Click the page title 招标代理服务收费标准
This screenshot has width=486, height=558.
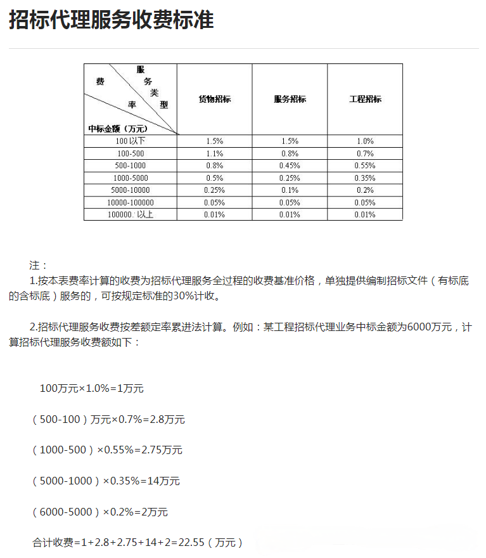point(112,20)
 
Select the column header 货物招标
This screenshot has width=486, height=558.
point(214,99)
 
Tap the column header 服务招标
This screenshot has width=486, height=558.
point(290,99)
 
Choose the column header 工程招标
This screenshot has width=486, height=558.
point(365,99)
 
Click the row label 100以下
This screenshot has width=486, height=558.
point(131,141)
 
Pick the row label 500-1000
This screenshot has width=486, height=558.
point(131,165)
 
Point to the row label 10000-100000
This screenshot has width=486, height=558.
point(131,202)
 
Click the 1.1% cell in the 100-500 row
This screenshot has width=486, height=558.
point(215,153)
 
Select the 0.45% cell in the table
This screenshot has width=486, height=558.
point(290,165)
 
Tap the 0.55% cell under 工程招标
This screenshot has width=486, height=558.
point(365,165)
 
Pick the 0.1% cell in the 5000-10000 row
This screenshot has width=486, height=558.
point(290,190)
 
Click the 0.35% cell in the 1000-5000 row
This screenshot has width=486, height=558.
point(365,178)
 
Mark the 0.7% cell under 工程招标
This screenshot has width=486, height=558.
point(365,153)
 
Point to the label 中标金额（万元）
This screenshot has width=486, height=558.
point(117,128)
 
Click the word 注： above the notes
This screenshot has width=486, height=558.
point(39,265)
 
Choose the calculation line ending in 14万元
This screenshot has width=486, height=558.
point(106,481)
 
